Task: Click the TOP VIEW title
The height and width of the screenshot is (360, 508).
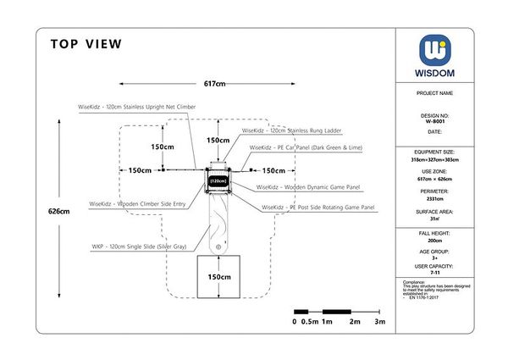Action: [86, 44]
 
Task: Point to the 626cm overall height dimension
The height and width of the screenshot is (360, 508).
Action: [58, 211]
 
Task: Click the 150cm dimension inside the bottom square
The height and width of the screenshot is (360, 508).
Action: [219, 277]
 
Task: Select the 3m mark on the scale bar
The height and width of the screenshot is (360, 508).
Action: [380, 323]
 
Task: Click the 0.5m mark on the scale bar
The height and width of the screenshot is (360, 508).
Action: [310, 323]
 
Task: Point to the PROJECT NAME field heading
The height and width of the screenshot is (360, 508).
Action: [435, 93]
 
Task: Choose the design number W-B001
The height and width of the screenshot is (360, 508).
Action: [435, 121]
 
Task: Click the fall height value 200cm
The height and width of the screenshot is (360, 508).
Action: [435, 241]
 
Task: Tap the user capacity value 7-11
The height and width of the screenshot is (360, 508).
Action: [435, 273]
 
